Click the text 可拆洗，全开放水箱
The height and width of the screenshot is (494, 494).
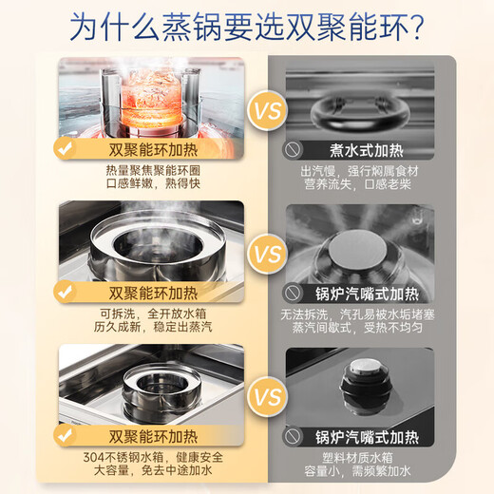[149, 314]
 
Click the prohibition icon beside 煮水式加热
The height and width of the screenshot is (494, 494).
[292, 149]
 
